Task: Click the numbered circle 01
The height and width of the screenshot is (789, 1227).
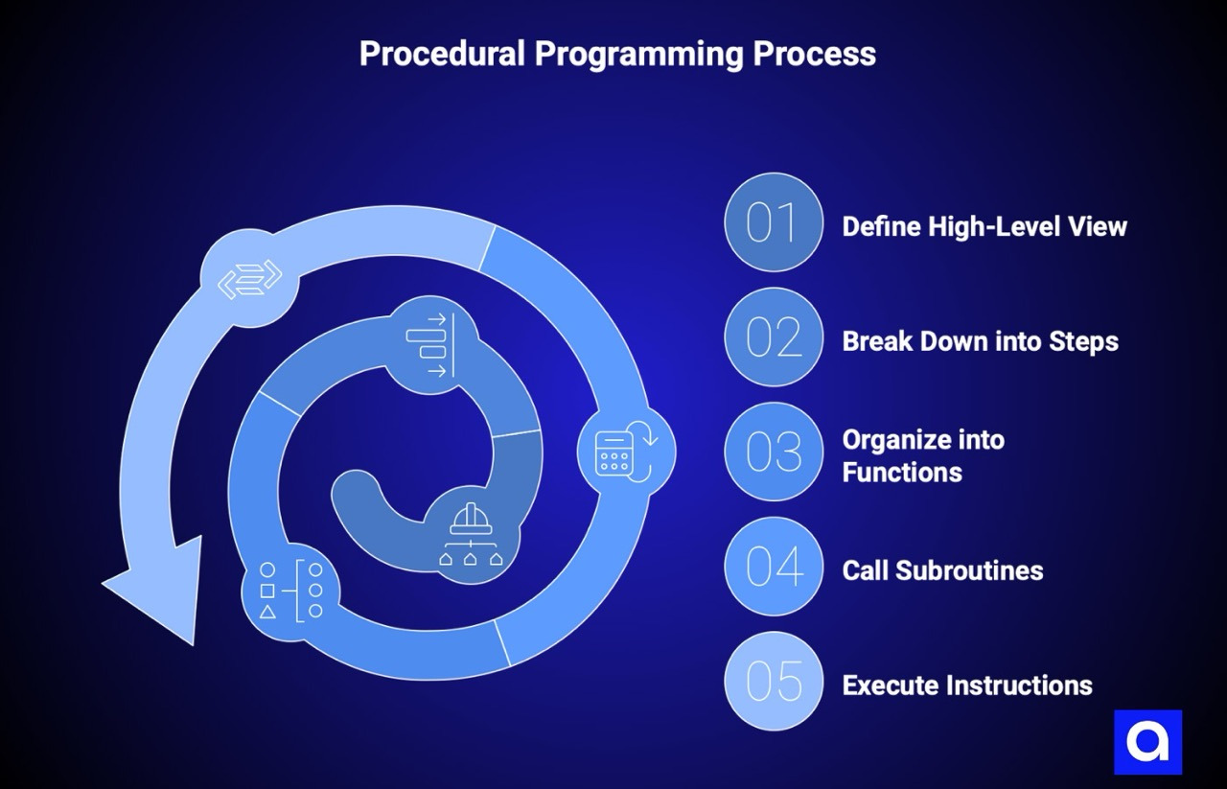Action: [774, 222]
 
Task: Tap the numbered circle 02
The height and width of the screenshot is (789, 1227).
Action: [774, 337]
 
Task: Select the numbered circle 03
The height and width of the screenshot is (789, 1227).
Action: [774, 452]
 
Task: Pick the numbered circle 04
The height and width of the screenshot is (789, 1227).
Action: [774, 567]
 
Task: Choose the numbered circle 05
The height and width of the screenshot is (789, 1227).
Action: [774, 682]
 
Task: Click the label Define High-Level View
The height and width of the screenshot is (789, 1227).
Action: [984, 226]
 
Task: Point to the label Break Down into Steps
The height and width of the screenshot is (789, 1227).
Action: [980, 341]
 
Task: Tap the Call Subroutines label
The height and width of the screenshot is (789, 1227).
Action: [942, 570]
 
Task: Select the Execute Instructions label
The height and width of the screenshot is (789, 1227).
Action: [967, 685]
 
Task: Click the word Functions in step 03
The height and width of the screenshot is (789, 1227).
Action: [902, 472]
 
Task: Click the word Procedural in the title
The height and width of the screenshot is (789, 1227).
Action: [442, 54]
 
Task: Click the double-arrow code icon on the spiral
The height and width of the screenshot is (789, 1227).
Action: [249, 278]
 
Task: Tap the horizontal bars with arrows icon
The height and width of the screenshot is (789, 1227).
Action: [429, 345]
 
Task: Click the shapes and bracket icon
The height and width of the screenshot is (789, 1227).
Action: [289, 591]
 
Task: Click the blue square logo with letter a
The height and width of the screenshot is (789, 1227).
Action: [1147, 742]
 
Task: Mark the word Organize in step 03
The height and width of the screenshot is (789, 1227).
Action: [923, 440]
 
